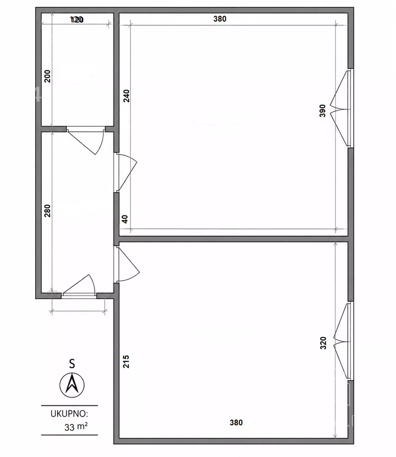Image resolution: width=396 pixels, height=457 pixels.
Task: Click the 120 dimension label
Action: point(77,19)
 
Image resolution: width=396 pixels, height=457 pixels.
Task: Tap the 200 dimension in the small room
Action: point(47,76)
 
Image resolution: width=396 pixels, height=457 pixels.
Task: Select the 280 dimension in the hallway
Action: point(47,211)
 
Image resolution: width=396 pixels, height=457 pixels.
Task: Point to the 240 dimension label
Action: point(126,96)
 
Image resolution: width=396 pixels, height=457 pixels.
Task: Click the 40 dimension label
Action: point(125,219)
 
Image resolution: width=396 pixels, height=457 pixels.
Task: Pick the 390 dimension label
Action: point(322,111)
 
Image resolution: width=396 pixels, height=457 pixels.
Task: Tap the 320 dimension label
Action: point(323,343)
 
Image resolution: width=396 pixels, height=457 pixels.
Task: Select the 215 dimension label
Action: point(126,361)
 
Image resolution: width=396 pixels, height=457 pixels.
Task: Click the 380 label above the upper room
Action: point(220,19)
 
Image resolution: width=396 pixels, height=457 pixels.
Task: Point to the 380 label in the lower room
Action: point(236,423)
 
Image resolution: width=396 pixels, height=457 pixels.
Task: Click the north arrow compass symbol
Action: point(72,385)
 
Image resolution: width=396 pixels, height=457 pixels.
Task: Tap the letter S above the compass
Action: point(72,364)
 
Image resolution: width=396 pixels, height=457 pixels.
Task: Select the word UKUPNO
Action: point(69,414)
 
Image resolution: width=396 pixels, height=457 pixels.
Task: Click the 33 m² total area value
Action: point(76,427)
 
